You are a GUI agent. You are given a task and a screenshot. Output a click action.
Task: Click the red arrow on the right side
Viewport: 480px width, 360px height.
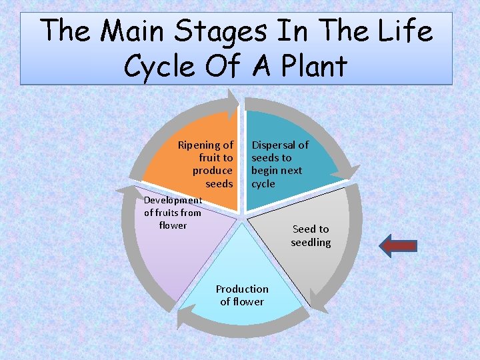click(398, 245)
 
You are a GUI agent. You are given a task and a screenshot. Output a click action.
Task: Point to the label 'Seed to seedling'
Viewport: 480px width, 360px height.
click(311, 235)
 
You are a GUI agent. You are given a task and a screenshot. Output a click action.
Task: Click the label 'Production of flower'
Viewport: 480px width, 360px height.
click(242, 295)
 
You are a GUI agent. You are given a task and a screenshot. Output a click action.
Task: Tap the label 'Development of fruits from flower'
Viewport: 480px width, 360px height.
click(173, 213)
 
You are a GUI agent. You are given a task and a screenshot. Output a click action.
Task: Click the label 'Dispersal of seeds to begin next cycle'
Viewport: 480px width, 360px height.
click(279, 164)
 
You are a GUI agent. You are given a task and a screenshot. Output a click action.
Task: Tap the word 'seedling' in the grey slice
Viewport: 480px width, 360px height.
click(311, 242)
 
